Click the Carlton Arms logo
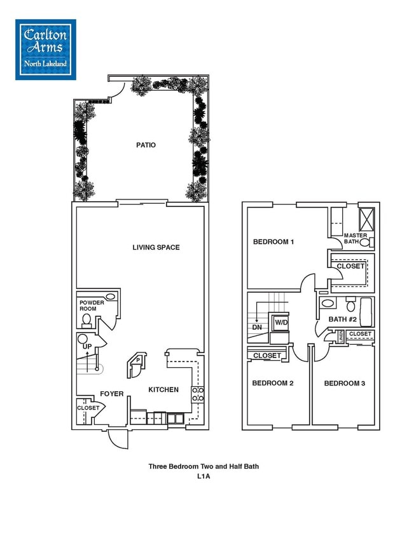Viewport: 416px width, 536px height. tap(46, 49)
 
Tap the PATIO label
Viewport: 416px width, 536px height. tap(146, 145)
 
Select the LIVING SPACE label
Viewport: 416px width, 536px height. tap(156, 247)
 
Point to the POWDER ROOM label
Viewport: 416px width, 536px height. tap(91, 305)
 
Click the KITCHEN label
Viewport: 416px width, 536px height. tap(163, 389)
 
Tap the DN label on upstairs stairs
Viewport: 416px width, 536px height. tap(257, 327)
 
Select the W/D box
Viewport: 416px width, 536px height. tap(280, 323)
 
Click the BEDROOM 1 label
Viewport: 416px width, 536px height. tap(274, 241)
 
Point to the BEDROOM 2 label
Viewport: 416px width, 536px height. tap(272, 383)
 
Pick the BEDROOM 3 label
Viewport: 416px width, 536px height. tap(344, 383)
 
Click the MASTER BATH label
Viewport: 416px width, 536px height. tap(356, 238)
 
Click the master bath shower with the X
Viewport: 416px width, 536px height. tap(366, 218)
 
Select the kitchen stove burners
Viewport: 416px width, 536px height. tap(198, 394)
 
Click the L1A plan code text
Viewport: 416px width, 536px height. tap(204, 475)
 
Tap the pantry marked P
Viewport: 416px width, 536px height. tap(136, 360)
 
